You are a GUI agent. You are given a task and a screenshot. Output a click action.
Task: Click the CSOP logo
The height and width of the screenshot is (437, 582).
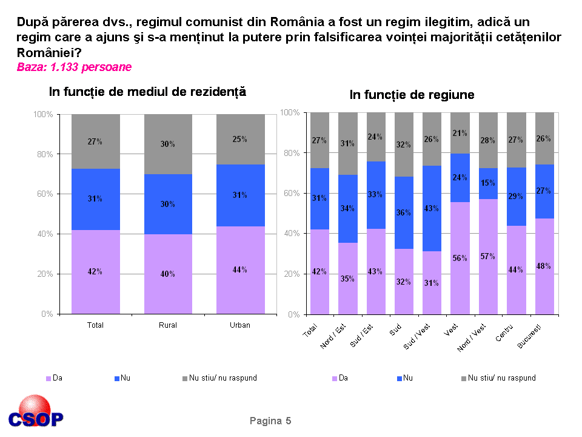(36, 413)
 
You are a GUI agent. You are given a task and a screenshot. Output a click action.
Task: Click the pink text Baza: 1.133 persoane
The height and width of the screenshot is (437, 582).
(74, 67)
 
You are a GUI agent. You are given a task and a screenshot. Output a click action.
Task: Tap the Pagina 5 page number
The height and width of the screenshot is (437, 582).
(270, 421)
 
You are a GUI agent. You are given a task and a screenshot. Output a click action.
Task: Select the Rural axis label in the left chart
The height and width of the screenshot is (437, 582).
(168, 325)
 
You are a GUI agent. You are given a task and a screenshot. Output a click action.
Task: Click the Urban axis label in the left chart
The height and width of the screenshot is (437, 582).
(240, 325)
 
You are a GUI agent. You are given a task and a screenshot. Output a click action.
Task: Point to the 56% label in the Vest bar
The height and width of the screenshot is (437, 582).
(460, 258)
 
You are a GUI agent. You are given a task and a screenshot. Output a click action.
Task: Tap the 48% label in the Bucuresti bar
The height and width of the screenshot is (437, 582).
(543, 266)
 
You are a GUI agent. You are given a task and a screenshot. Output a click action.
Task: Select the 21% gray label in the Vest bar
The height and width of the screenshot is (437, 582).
(460, 134)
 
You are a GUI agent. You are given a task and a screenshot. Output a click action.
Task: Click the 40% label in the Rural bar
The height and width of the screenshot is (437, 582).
(168, 274)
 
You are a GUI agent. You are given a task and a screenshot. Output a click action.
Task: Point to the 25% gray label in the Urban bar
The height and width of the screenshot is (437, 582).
(240, 139)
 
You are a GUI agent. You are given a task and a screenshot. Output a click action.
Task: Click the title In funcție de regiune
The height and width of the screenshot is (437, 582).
(412, 95)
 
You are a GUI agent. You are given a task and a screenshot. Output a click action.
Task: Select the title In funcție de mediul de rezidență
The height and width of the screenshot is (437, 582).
(148, 92)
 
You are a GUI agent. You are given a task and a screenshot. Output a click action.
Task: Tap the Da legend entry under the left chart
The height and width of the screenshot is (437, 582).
(55, 378)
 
